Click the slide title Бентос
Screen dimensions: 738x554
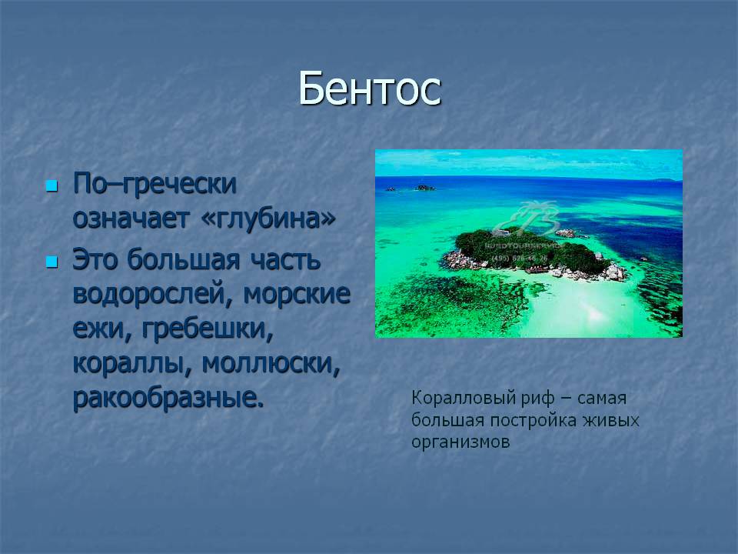coord(370,88)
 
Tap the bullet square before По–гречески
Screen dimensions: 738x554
coord(52,185)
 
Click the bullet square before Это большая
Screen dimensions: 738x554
coord(52,262)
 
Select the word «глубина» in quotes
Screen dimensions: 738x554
coord(268,218)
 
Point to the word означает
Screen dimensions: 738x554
coord(131,218)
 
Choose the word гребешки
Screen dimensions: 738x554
coord(208,329)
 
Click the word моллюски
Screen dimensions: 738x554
coord(271,363)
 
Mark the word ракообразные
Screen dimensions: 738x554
coord(168,398)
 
